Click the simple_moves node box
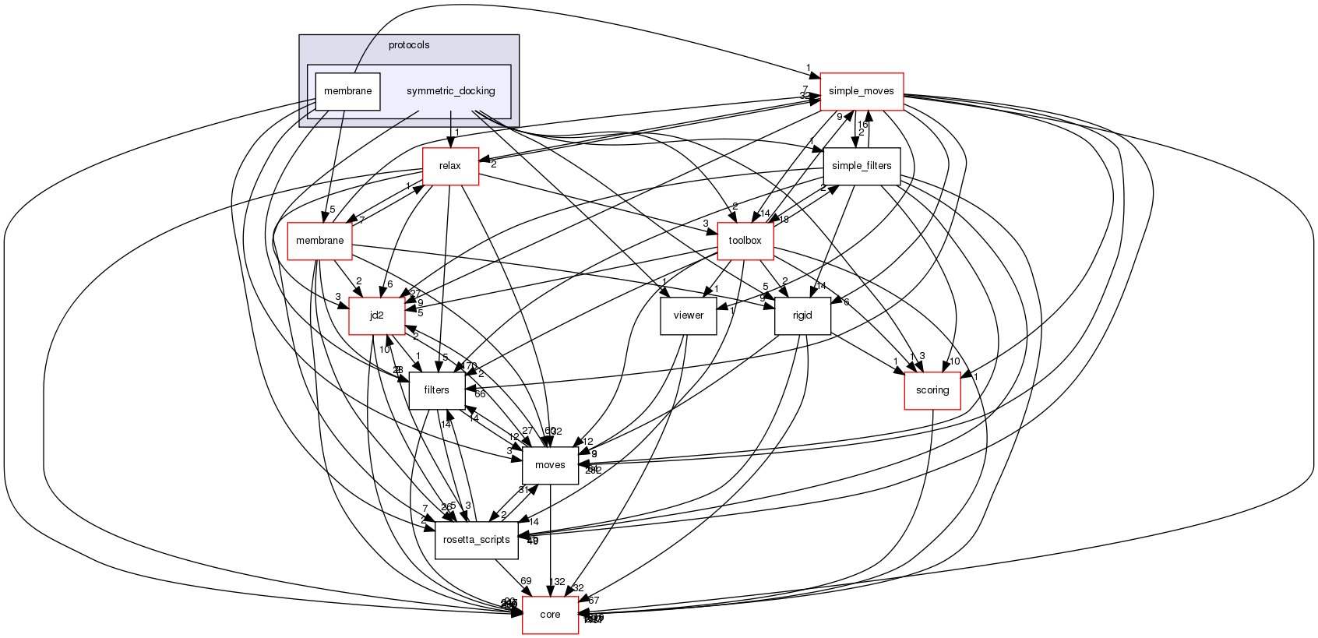click(x=861, y=91)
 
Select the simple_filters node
click(x=862, y=166)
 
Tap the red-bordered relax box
click(x=449, y=166)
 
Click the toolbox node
click(x=745, y=241)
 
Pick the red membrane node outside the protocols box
click(x=319, y=241)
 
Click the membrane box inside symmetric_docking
click(x=347, y=91)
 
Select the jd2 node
click(x=376, y=315)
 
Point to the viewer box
click(x=688, y=315)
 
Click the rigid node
click(x=802, y=315)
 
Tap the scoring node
click(x=932, y=390)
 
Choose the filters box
click(x=436, y=390)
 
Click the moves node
click(x=550, y=465)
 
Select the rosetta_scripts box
click(x=476, y=540)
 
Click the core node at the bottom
click(x=550, y=615)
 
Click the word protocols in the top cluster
click(x=409, y=45)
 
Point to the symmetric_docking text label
click(x=450, y=91)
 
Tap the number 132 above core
click(x=557, y=582)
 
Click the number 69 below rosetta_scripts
click(x=526, y=581)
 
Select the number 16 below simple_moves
click(x=862, y=125)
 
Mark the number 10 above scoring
click(x=954, y=361)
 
